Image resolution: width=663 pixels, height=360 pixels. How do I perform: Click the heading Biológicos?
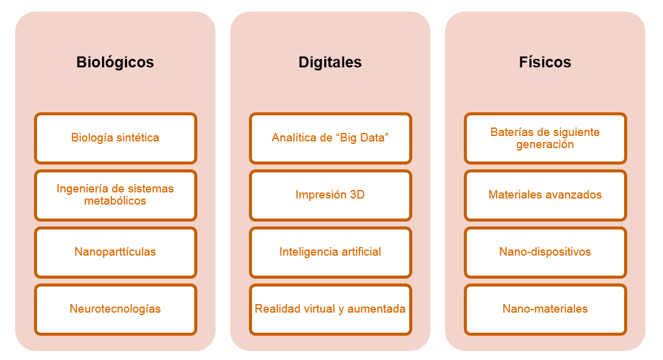click(x=115, y=63)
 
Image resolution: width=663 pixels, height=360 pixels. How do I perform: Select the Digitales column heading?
click(x=330, y=63)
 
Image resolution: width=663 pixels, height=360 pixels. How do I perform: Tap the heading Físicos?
click(x=545, y=62)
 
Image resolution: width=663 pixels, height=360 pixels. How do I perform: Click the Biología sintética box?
click(x=115, y=138)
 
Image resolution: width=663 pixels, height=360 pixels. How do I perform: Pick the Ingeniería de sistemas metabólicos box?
click(x=115, y=195)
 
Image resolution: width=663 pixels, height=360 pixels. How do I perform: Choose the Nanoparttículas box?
click(x=115, y=252)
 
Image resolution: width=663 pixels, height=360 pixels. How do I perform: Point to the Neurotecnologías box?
click(x=115, y=309)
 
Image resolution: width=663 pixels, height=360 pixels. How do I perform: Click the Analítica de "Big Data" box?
click(x=330, y=138)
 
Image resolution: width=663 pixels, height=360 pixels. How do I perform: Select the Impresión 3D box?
click(x=330, y=195)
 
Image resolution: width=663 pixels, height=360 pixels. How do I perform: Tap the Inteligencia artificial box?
click(x=330, y=252)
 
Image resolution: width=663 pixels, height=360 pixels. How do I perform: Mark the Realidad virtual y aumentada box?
click(x=330, y=309)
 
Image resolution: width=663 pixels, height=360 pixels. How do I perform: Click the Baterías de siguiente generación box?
click(x=545, y=138)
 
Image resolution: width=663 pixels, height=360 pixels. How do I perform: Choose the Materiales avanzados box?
click(x=545, y=195)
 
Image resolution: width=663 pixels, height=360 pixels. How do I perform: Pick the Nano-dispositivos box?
click(x=545, y=252)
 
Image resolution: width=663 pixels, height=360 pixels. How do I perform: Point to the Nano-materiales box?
click(x=545, y=309)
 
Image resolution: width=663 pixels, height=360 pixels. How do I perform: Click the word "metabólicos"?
click(x=115, y=200)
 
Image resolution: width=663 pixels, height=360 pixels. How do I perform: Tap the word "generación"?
click(x=545, y=144)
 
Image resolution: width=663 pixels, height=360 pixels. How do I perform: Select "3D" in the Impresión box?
click(x=357, y=195)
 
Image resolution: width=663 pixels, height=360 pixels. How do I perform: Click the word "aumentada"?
click(x=376, y=309)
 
